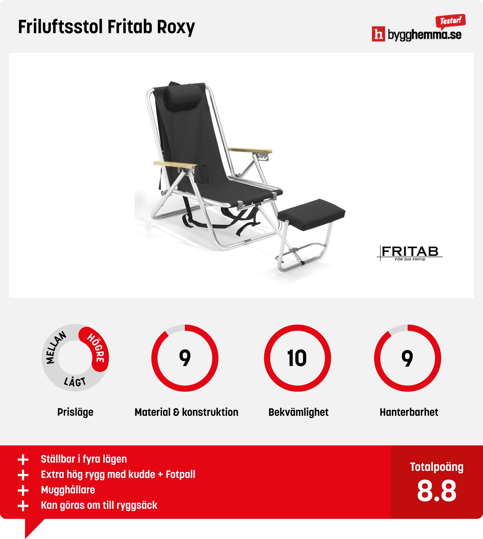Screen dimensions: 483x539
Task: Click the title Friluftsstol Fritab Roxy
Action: coord(106,28)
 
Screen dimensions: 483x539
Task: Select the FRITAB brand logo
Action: coord(410,253)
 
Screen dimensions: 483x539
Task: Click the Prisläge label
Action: coord(75,412)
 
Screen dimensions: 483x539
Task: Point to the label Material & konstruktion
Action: coord(186,412)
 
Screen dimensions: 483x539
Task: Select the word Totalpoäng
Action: coord(437,467)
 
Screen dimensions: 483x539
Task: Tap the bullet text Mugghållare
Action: coord(68,490)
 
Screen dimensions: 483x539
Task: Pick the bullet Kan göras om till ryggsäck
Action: coord(99,505)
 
